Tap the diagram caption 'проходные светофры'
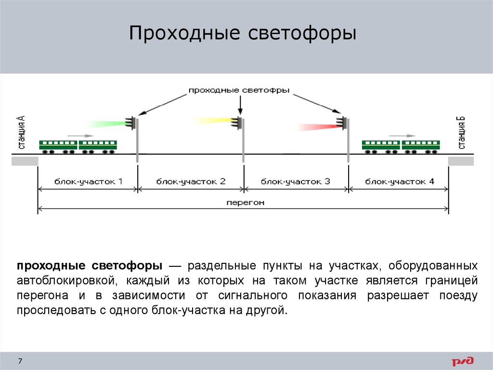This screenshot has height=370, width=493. (238, 90)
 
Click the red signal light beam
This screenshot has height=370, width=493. (318, 127)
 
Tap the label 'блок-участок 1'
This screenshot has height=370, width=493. (88, 182)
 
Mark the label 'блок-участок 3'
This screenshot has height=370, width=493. (295, 182)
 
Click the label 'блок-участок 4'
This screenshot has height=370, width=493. (400, 182)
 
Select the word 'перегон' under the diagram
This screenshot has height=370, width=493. (245, 203)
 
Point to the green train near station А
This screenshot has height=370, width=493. (78, 146)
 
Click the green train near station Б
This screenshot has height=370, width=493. (401, 146)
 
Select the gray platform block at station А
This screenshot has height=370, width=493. (25, 161)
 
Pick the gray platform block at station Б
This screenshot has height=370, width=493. (461, 161)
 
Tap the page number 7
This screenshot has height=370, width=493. (20, 361)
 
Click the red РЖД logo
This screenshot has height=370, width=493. (463, 361)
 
